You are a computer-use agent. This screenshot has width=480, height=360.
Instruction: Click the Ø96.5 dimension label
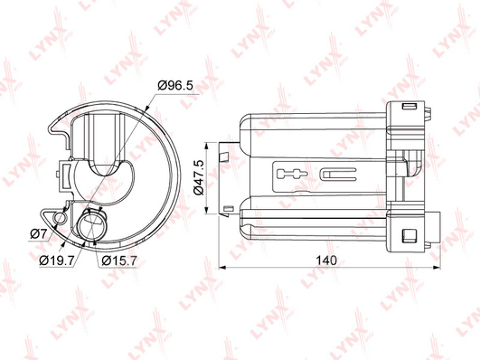click(175, 86)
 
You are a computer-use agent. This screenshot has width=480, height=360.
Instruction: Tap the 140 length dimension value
click(326, 261)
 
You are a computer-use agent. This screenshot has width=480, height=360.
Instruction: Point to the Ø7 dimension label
click(38, 234)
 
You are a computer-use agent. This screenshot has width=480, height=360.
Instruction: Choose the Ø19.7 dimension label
click(57, 261)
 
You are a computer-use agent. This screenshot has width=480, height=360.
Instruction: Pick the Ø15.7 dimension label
click(119, 261)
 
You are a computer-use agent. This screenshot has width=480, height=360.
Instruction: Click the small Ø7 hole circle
click(59, 218)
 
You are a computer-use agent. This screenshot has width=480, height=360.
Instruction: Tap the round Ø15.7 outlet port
click(91, 225)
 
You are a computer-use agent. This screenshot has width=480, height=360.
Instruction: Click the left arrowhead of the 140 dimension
click(222, 268)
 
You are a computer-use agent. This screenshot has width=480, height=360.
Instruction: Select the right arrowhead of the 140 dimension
click(437, 268)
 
